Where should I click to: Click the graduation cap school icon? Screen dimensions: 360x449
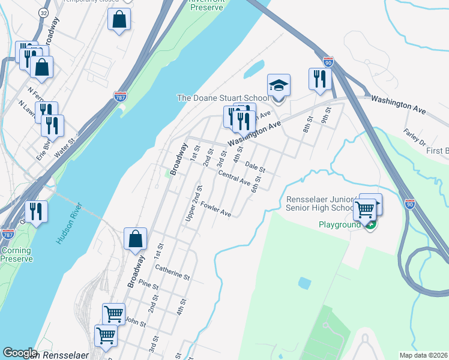pyautogui.click(x=279, y=85)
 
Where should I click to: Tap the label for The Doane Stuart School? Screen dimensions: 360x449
pyautogui.click(x=223, y=98)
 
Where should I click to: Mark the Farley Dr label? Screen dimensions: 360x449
pyautogui.click(x=414, y=139)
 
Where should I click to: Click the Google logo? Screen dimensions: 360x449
pyautogui.click(x=20, y=353)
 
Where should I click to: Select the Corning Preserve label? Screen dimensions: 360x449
pyautogui.click(x=16, y=254)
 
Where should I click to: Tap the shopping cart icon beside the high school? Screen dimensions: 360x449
pyautogui.click(x=365, y=209)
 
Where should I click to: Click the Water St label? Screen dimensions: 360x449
pyautogui.click(x=66, y=149)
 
